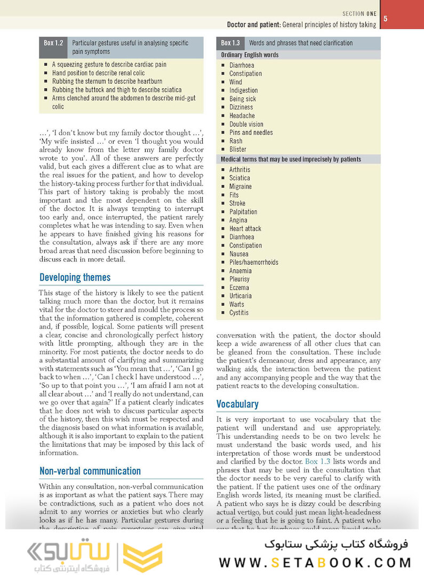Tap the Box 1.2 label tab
[52, 43]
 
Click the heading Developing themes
[75, 277]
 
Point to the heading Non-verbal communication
[90, 471]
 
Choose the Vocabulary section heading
[237, 404]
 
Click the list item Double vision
[246, 124]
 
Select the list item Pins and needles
[251, 133]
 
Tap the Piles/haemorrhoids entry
[253, 262]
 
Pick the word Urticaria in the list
[240, 296]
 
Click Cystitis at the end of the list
[238, 313]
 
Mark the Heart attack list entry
[245, 229]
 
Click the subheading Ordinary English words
[250, 55]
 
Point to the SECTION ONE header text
[359, 13]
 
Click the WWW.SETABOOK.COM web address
[315, 562]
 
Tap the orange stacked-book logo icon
[142, 557]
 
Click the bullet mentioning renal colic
[98, 73]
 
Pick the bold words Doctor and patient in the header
[253, 24]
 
